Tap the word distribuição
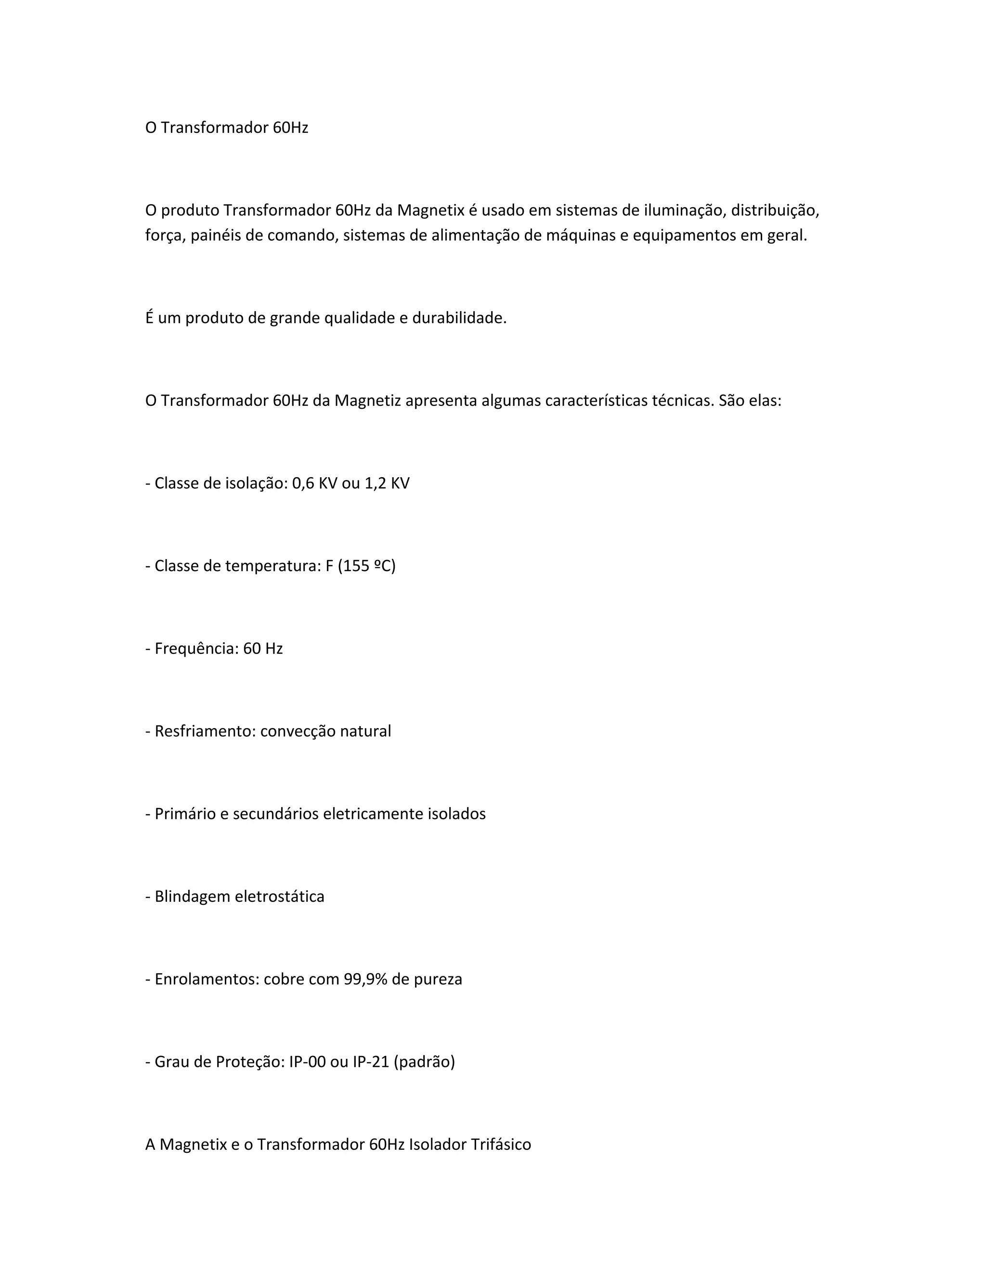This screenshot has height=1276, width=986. pos(775,210)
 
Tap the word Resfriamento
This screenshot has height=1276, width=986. pos(204,731)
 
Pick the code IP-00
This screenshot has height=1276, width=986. pos(307,1062)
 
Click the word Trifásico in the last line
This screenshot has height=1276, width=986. pos(501,1145)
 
